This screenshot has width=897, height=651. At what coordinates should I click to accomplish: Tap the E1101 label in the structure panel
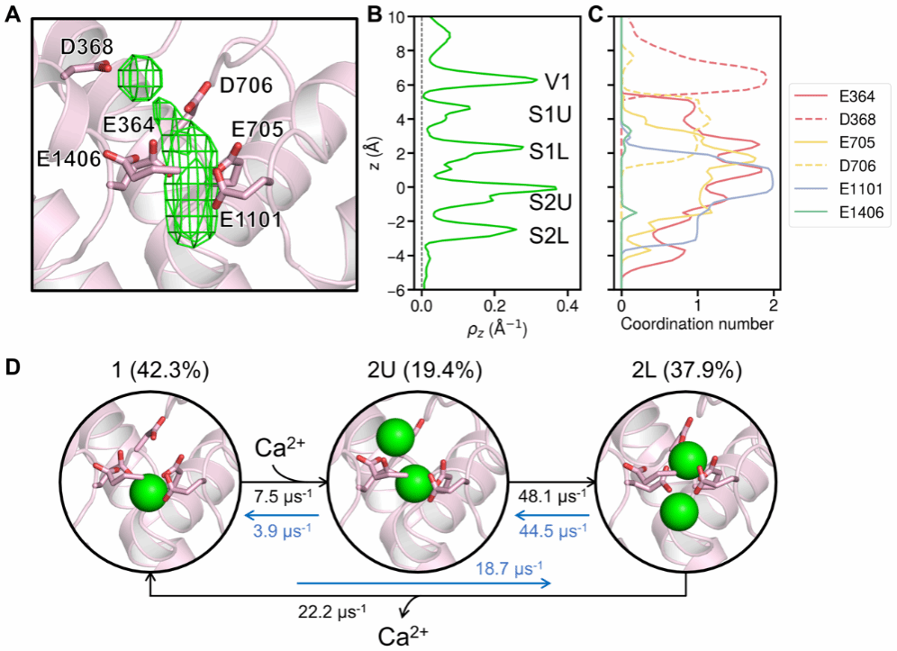[x=248, y=219]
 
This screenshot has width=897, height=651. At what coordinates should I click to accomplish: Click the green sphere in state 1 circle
[x=149, y=493]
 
